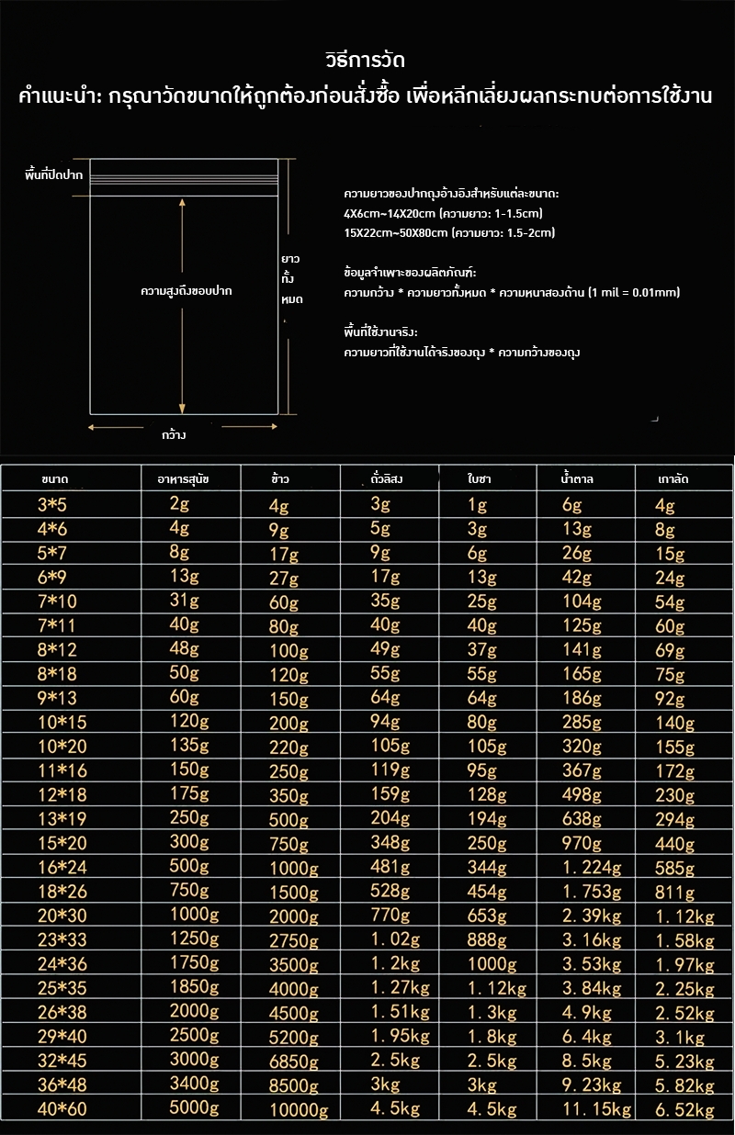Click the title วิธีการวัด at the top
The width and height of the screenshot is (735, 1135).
point(366,60)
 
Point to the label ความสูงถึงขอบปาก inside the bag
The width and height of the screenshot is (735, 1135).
point(185,291)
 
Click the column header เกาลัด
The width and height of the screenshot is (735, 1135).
point(673,479)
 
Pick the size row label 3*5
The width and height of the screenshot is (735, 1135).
point(51,505)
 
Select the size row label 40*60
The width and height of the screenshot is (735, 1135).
point(62,1109)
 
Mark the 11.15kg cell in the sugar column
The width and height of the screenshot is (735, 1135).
point(596,1109)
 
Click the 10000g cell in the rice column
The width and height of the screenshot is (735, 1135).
point(299,1110)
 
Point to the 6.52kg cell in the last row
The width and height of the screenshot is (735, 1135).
point(684,1109)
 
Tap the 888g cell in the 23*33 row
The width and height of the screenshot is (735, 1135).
point(487,939)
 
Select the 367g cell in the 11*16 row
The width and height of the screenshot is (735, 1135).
point(583,770)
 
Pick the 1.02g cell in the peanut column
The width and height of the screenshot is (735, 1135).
point(395,939)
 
